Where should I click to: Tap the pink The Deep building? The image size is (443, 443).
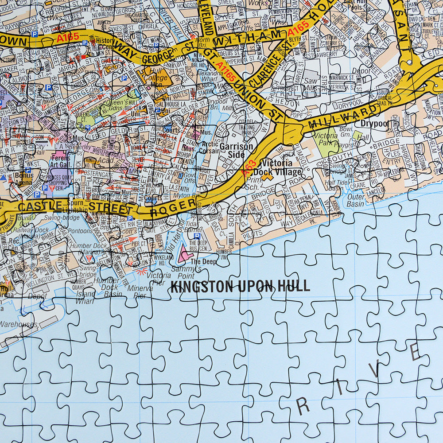186,253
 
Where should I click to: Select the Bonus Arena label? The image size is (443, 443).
24,178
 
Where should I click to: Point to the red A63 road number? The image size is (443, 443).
249,168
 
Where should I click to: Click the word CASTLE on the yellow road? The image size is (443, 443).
40,206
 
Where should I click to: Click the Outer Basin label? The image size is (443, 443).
356,200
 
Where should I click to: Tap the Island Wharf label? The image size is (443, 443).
85,297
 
